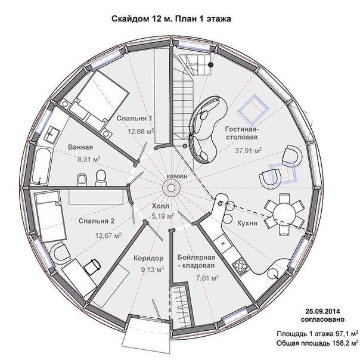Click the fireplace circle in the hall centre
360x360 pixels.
click(x=171, y=188)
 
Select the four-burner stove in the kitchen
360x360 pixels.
click(x=240, y=266)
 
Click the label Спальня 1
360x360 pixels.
click(x=134, y=119)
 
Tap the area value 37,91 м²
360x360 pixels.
click(x=249, y=151)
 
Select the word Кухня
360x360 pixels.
click(x=247, y=223)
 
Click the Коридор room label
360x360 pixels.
click(x=148, y=258)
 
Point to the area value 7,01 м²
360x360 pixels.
click(x=207, y=278)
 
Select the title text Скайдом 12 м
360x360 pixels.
click(x=142, y=18)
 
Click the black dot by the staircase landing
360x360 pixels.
click(x=210, y=65)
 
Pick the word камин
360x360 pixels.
click(x=177, y=176)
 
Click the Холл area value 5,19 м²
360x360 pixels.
click(x=163, y=216)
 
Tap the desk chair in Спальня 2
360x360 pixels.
click(x=92, y=266)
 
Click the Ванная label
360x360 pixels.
click(x=80, y=147)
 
